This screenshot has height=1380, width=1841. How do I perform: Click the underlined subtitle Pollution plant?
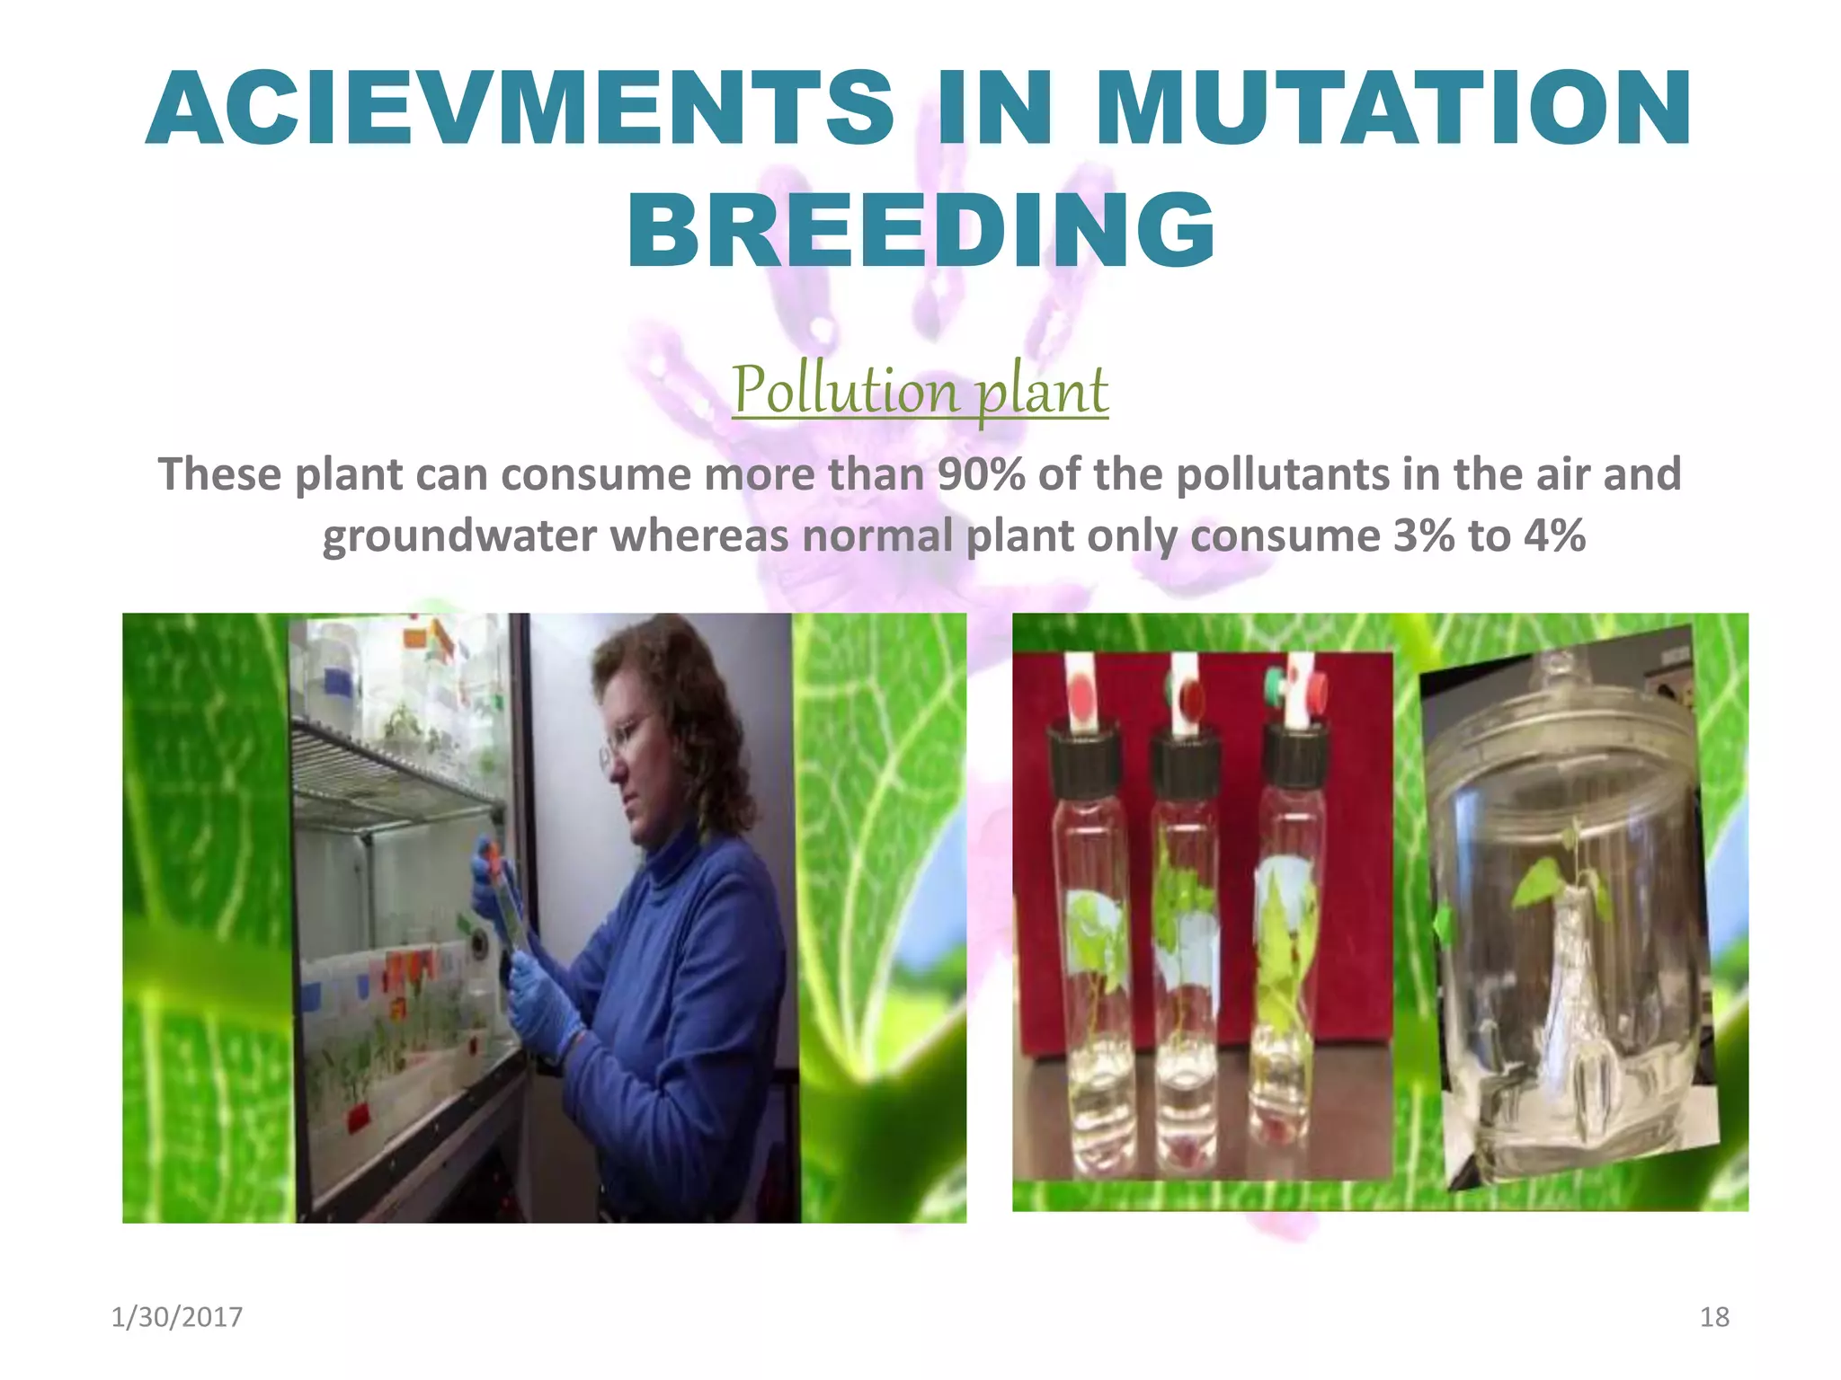(x=920, y=391)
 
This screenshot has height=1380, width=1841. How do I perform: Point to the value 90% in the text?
(x=980, y=474)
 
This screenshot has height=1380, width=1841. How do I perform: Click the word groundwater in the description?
(x=458, y=536)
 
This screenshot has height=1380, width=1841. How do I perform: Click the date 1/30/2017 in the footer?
(x=176, y=1317)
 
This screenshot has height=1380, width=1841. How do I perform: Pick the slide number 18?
(x=1714, y=1317)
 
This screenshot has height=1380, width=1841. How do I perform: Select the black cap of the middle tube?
(x=1186, y=764)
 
